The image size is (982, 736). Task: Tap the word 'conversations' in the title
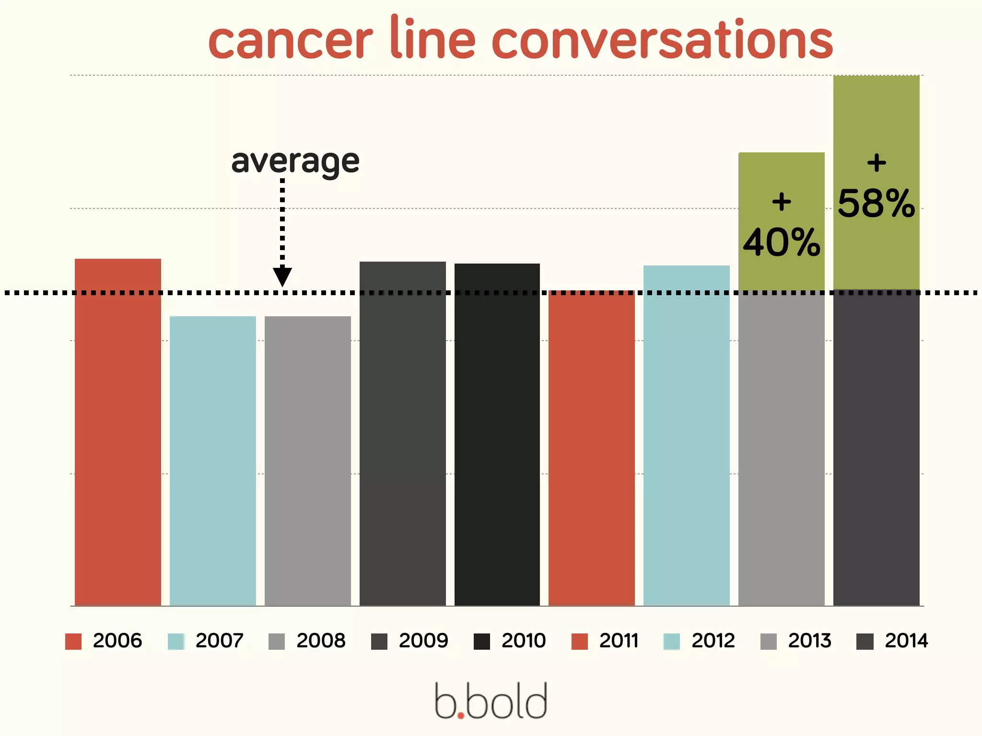tap(662, 40)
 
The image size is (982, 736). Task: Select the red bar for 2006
tap(118, 431)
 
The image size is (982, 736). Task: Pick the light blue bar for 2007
tap(213, 460)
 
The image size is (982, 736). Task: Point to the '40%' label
tap(782, 242)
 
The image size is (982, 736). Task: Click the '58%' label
tap(877, 204)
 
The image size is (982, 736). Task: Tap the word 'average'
tap(295, 161)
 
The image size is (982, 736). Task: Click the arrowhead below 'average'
tap(282, 276)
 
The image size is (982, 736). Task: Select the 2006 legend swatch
tap(73, 641)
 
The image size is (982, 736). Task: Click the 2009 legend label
tap(423, 641)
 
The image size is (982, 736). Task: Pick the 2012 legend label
tap(713, 641)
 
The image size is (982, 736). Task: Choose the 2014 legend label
tap(906, 641)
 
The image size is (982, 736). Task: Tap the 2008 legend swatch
tap(277, 641)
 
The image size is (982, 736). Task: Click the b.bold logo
tap(491, 701)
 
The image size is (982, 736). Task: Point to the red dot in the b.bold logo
tap(461, 715)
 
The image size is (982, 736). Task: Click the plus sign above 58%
tap(877, 163)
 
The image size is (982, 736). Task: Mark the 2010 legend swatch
tap(482, 641)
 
